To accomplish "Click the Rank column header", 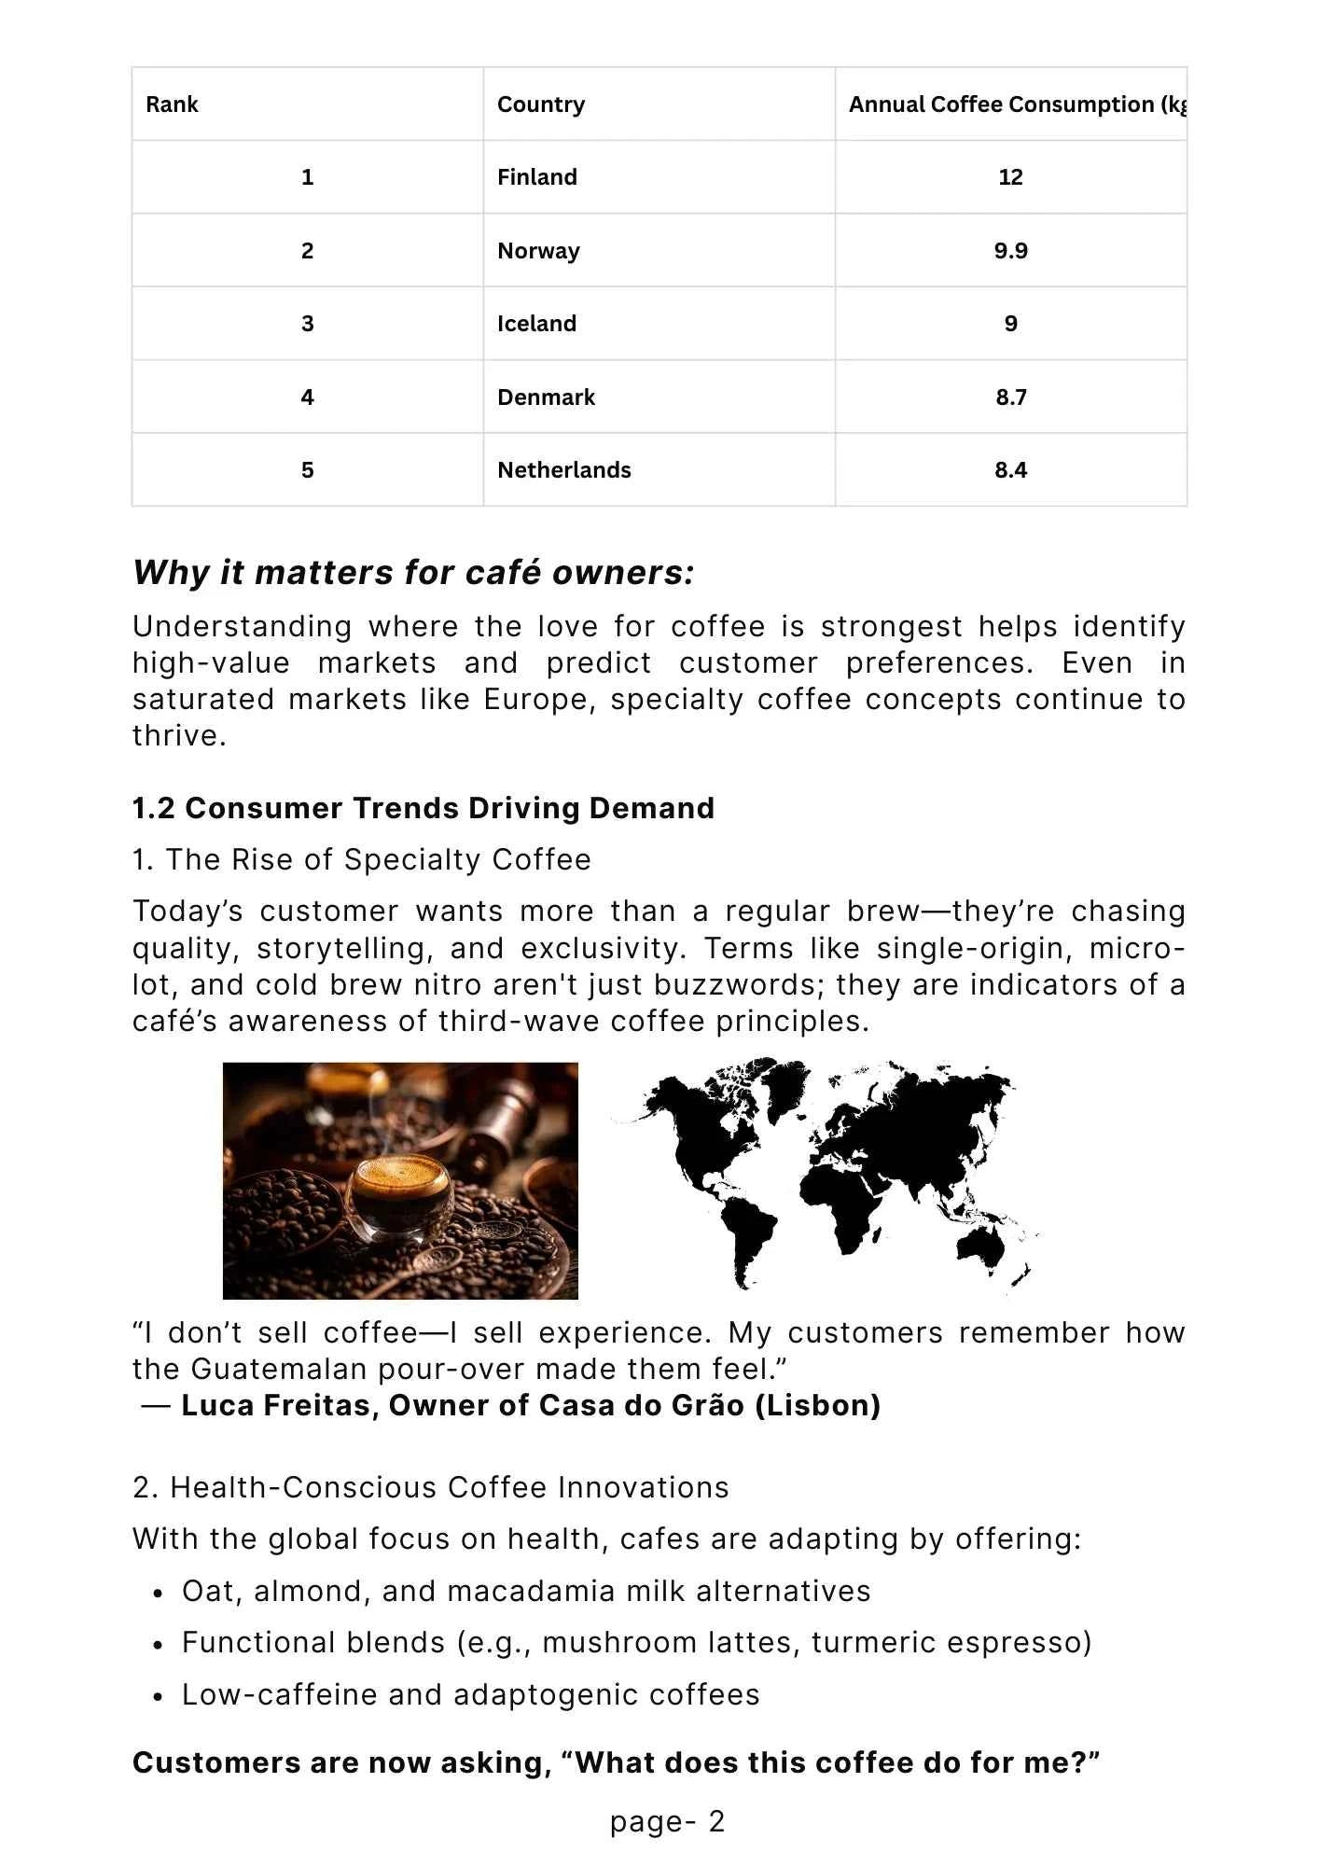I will pyautogui.click(x=173, y=104).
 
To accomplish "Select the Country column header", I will pyautogui.click(x=541, y=104).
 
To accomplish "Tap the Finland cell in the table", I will pyautogui.click(x=537, y=177).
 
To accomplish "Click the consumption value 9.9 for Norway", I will pyautogui.click(x=1010, y=251).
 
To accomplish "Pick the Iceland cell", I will pyautogui.click(x=536, y=324).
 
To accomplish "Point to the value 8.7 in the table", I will pyautogui.click(x=1010, y=397).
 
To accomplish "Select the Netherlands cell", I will pyautogui.click(x=564, y=470).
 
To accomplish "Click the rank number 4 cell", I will pyautogui.click(x=307, y=397).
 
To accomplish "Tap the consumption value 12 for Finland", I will pyautogui.click(x=1010, y=177).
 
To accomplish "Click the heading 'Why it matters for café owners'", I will pyautogui.click(x=413, y=572).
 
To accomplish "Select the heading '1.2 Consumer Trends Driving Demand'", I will pyautogui.click(x=423, y=808).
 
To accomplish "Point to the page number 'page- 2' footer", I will pyautogui.click(x=667, y=1821).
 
